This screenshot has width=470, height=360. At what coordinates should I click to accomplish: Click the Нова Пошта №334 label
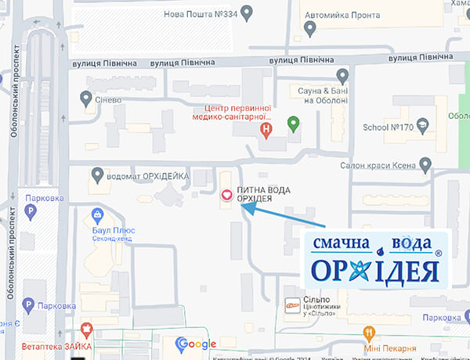[x=200, y=13]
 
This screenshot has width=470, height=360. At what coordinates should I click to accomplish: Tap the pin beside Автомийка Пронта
[x=310, y=28]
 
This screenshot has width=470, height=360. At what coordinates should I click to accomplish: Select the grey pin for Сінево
[x=87, y=98]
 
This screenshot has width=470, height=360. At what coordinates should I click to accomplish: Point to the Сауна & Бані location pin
[x=342, y=76]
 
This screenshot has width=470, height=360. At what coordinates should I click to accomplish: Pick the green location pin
[x=294, y=124]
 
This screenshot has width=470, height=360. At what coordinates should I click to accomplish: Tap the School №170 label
[x=388, y=128]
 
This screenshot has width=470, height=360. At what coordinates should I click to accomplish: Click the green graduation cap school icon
[x=423, y=125]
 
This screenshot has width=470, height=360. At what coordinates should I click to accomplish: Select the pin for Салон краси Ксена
[x=425, y=165]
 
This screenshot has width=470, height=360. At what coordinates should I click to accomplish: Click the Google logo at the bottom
[x=196, y=344]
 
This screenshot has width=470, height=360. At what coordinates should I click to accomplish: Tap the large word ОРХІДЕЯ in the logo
[x=374, y=271]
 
